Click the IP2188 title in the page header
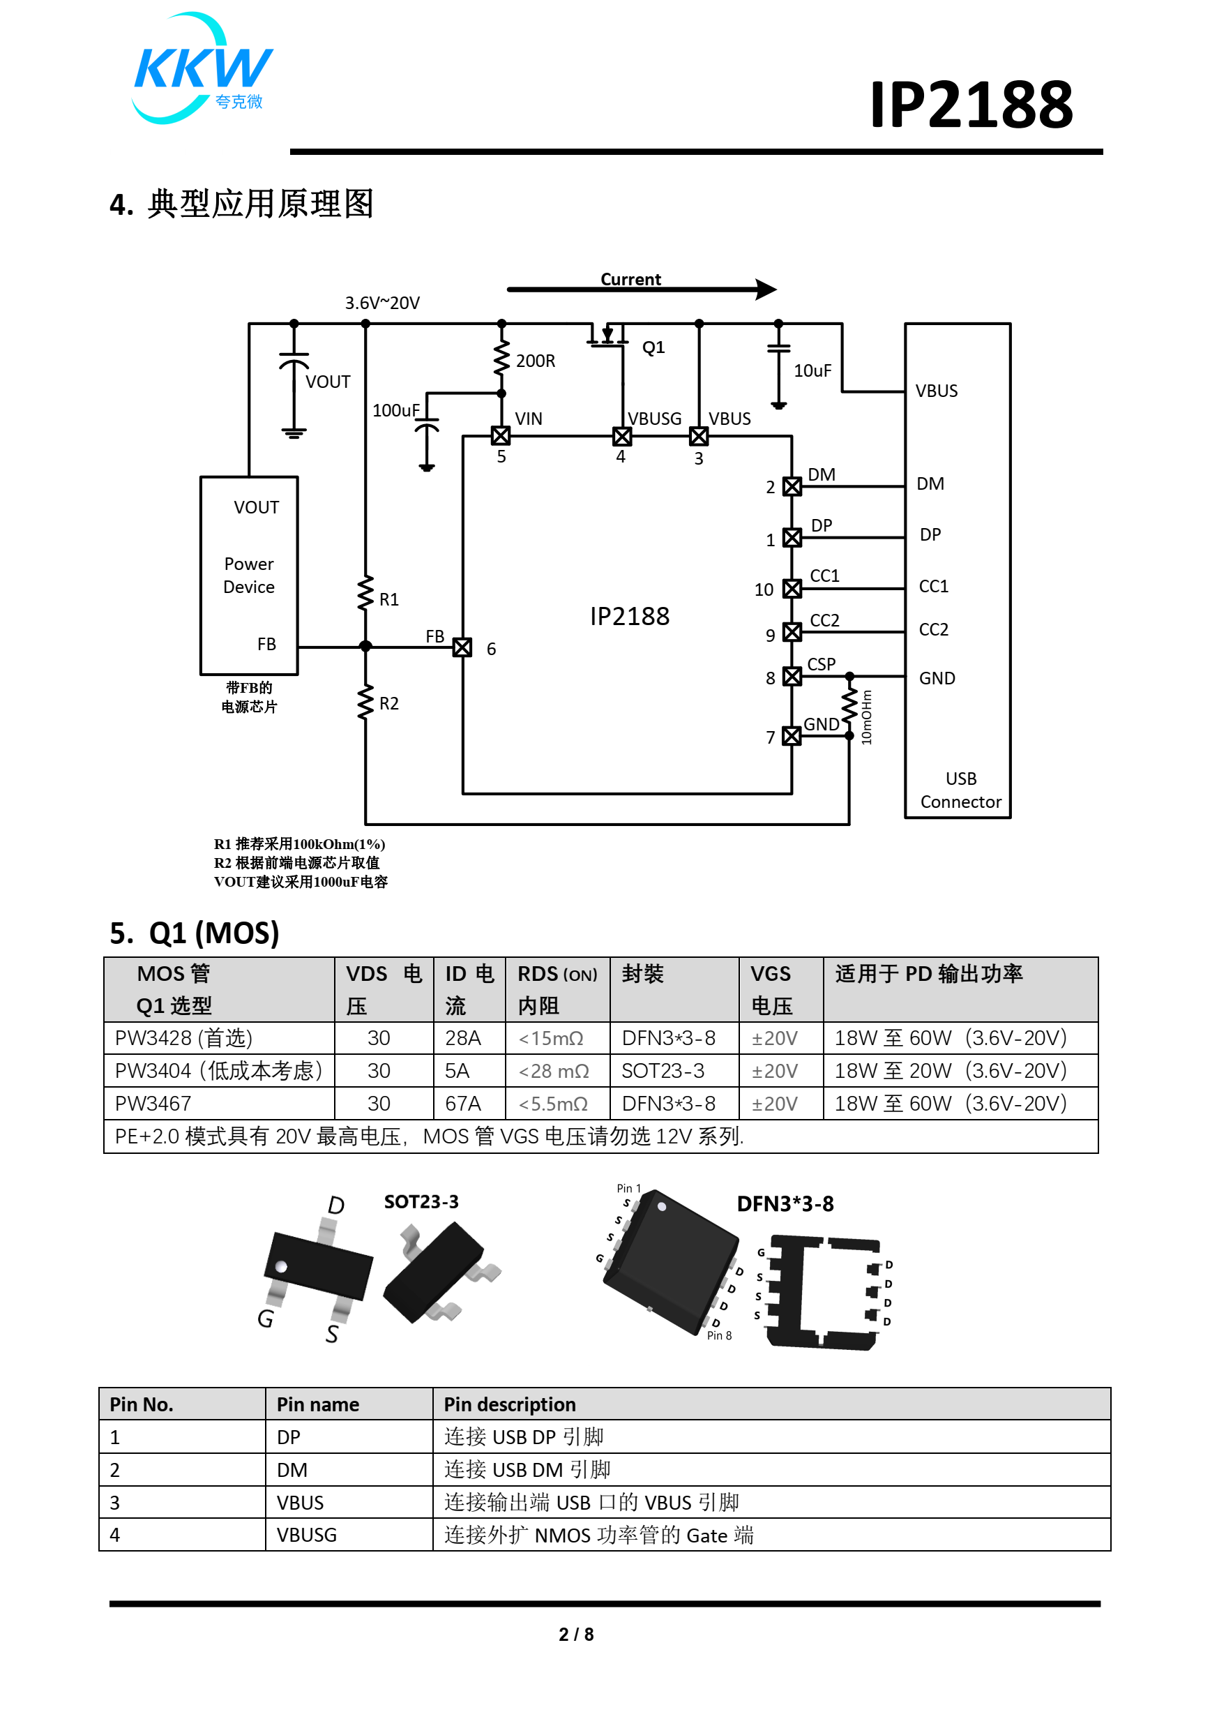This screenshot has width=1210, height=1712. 970,105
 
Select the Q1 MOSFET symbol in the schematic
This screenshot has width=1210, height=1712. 608,337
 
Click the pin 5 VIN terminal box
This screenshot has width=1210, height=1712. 500,435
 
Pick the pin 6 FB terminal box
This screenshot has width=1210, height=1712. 462,647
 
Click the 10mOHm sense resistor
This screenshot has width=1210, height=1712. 849,705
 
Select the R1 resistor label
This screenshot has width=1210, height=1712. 388,599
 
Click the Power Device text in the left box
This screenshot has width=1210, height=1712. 249,575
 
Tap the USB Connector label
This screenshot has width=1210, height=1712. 960,790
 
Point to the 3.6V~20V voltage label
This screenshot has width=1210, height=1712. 381,303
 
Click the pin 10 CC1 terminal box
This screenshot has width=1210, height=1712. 792,588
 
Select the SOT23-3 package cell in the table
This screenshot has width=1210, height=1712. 662,1071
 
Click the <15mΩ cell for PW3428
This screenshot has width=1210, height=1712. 551,1038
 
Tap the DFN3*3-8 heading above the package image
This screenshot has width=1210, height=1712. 785,1203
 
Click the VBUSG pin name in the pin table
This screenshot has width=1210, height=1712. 306,1535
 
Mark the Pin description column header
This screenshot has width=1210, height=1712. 509,1404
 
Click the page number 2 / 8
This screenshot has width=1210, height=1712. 575,1634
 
